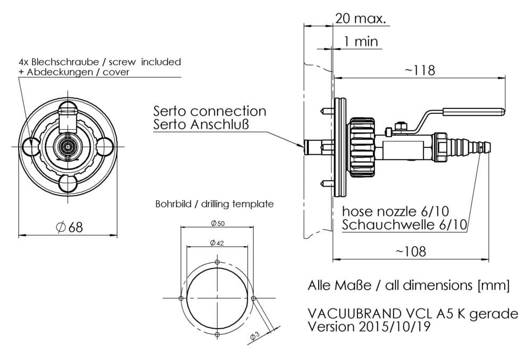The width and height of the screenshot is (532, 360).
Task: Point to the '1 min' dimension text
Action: click(361, 41)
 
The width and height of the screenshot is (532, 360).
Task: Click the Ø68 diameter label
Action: click(70, 227)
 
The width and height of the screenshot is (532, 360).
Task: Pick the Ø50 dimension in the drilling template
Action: click(217, 223)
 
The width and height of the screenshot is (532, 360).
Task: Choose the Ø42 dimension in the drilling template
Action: click(216, 243)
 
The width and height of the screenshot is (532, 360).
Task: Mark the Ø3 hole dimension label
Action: click(255, 335)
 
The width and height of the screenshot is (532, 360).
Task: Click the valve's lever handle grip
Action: click(473, 112)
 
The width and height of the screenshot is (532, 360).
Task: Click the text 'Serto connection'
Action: click(210, 111)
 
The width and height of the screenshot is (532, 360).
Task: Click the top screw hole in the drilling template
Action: click(217, 262)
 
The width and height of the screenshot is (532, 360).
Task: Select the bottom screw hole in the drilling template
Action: click(217, 334)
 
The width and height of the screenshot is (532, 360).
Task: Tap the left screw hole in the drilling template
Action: click(181, 298)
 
